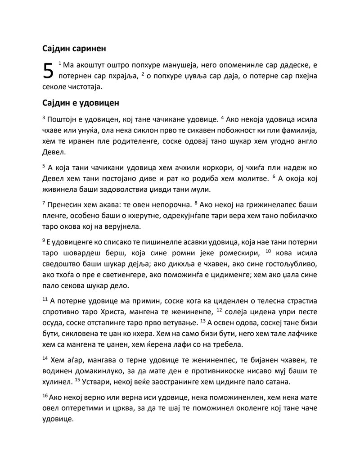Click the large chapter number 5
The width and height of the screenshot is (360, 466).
48,72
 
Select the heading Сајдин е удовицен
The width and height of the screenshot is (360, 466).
81,103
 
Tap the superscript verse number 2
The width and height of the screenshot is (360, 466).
143,73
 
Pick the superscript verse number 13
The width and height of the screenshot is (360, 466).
202,321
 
